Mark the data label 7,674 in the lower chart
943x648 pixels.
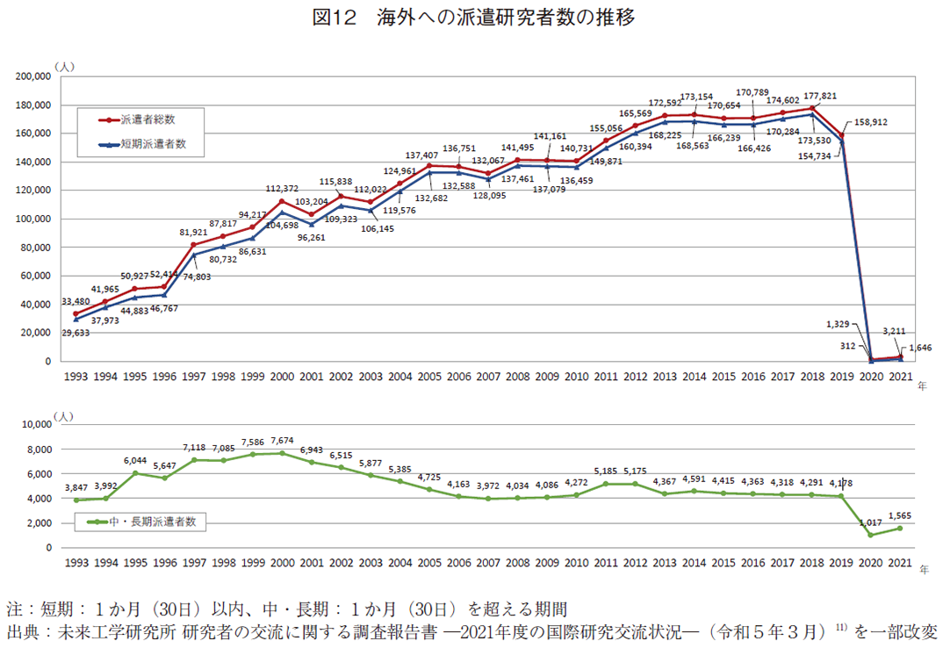point(281,441)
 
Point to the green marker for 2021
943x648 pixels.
point(900,529)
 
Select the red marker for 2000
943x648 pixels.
point(281,201)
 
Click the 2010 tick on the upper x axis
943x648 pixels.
point(576,376)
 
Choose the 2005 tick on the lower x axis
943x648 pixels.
point(428,562)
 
